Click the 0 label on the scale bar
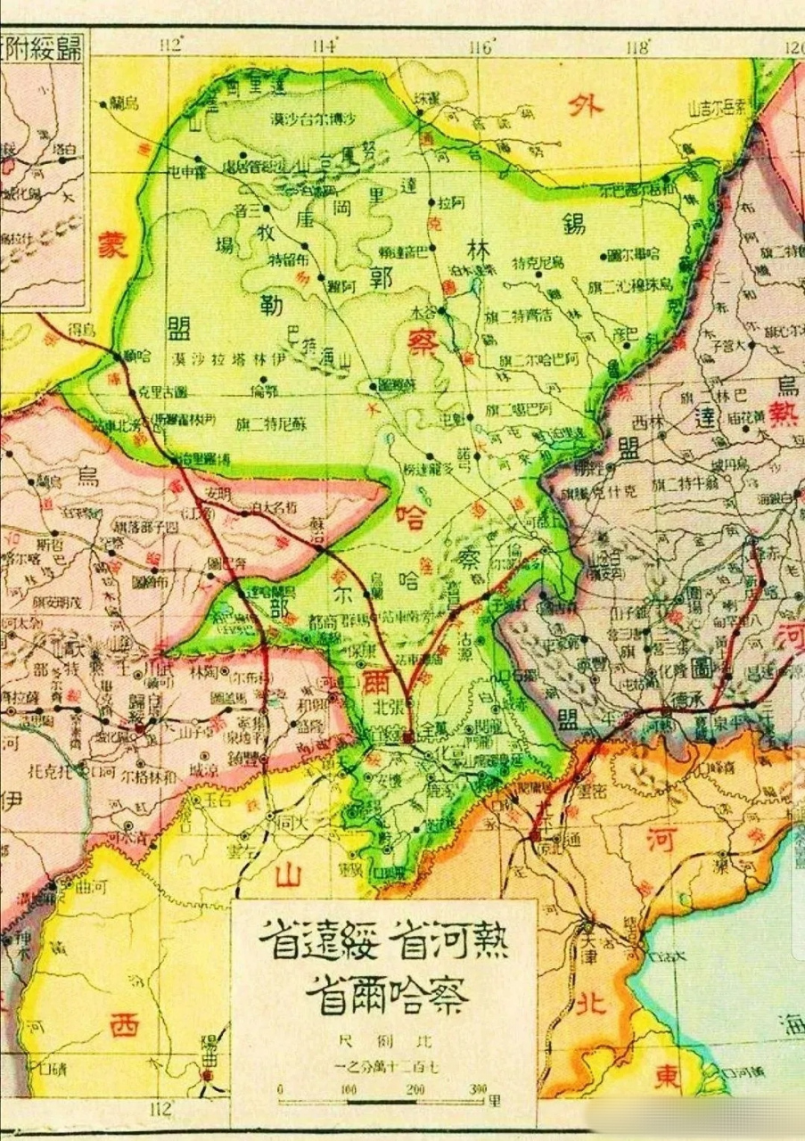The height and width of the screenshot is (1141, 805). click(x=280, y=1090)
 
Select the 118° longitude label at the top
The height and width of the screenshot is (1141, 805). click(x=637, y=46)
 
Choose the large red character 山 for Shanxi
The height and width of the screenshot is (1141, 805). click(x=287, y=875)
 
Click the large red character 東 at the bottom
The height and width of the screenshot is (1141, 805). click(x=665, y=1076)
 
